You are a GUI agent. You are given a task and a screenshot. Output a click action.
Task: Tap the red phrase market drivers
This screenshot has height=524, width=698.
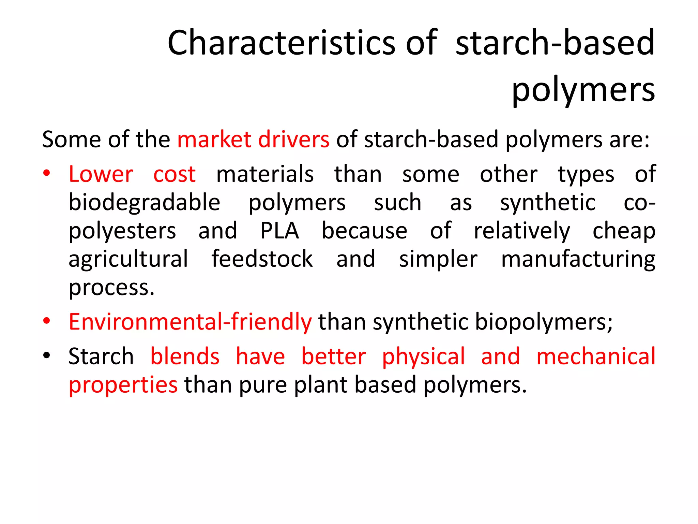(x=253, y=140)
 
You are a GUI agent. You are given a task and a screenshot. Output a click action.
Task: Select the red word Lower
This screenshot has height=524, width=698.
(x=101, y=174)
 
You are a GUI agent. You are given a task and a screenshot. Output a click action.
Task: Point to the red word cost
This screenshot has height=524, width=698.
(x=174, y=174)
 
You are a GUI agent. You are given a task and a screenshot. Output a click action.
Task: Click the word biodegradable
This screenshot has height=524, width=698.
(x=145, y=203)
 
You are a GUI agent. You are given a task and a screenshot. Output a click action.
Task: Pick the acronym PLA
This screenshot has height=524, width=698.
(x=279, y=231)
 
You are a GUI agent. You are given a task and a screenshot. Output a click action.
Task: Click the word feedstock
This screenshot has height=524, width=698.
(x=262, y=259)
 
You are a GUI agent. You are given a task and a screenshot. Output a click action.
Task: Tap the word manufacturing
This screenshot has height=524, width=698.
(x=578, y=260)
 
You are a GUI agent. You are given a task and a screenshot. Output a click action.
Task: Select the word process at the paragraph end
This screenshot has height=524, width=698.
(x=111, y=288)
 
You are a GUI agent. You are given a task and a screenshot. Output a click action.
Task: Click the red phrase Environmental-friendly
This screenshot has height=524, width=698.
(x=190, y=322)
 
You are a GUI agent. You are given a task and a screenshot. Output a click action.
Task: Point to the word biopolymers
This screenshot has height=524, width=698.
(x=543, y=322)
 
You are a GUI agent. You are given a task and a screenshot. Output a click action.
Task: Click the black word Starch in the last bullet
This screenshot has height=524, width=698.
(x=101, y=356)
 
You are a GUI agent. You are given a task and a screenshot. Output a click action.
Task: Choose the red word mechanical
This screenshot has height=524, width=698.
(x=596, y=356)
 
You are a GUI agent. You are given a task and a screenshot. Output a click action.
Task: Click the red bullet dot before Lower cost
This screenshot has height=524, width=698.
(x=47, y=173)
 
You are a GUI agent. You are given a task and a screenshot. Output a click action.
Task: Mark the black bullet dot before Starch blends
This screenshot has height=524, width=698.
(x=47, y=355)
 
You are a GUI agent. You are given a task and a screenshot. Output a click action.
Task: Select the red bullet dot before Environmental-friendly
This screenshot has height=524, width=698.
(x=47, y=321)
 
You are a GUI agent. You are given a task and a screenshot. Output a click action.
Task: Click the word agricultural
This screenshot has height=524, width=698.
(x=128, y=260)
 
